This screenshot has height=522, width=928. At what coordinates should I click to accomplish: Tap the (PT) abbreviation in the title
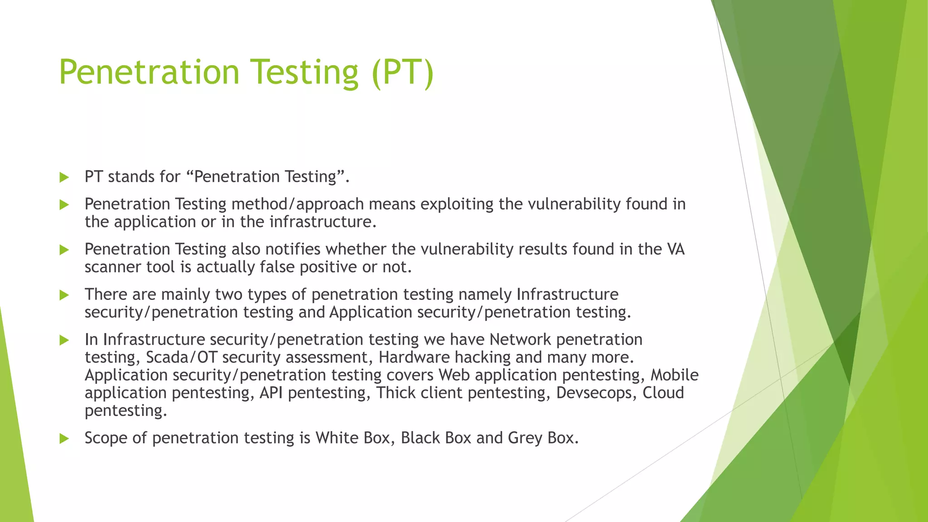[x=403, y=72]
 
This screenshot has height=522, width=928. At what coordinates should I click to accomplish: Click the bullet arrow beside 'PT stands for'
[x=64, y=177]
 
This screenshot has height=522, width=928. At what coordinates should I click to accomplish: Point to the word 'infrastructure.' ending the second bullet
[x=323, y=222]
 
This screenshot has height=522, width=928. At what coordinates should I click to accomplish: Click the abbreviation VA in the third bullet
[x=676, y=249]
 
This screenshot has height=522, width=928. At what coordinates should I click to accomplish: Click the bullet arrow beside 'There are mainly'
[x=64, y=295]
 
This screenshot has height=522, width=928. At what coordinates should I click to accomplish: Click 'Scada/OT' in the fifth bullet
[x=182, y=358]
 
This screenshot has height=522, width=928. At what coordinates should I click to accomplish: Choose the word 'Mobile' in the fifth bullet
[x=675, y=375]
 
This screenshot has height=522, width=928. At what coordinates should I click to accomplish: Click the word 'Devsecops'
[x=597, y=393]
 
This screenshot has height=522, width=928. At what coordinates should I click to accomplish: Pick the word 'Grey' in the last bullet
[x=525, y=438]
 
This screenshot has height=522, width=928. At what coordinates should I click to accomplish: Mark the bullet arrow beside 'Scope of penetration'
[x=64, y=439]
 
